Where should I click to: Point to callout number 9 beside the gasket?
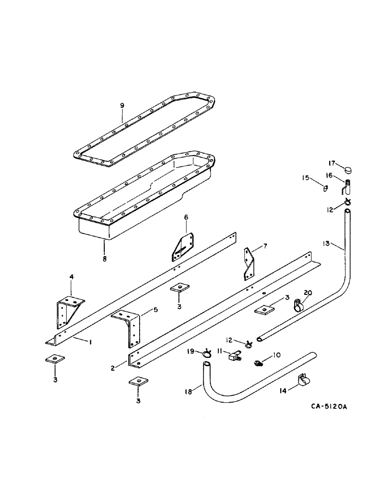pos(122,106)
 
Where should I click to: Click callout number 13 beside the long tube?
pos(327,243)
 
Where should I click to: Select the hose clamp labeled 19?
pos(206,354)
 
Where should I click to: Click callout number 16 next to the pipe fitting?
pos(335,176)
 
